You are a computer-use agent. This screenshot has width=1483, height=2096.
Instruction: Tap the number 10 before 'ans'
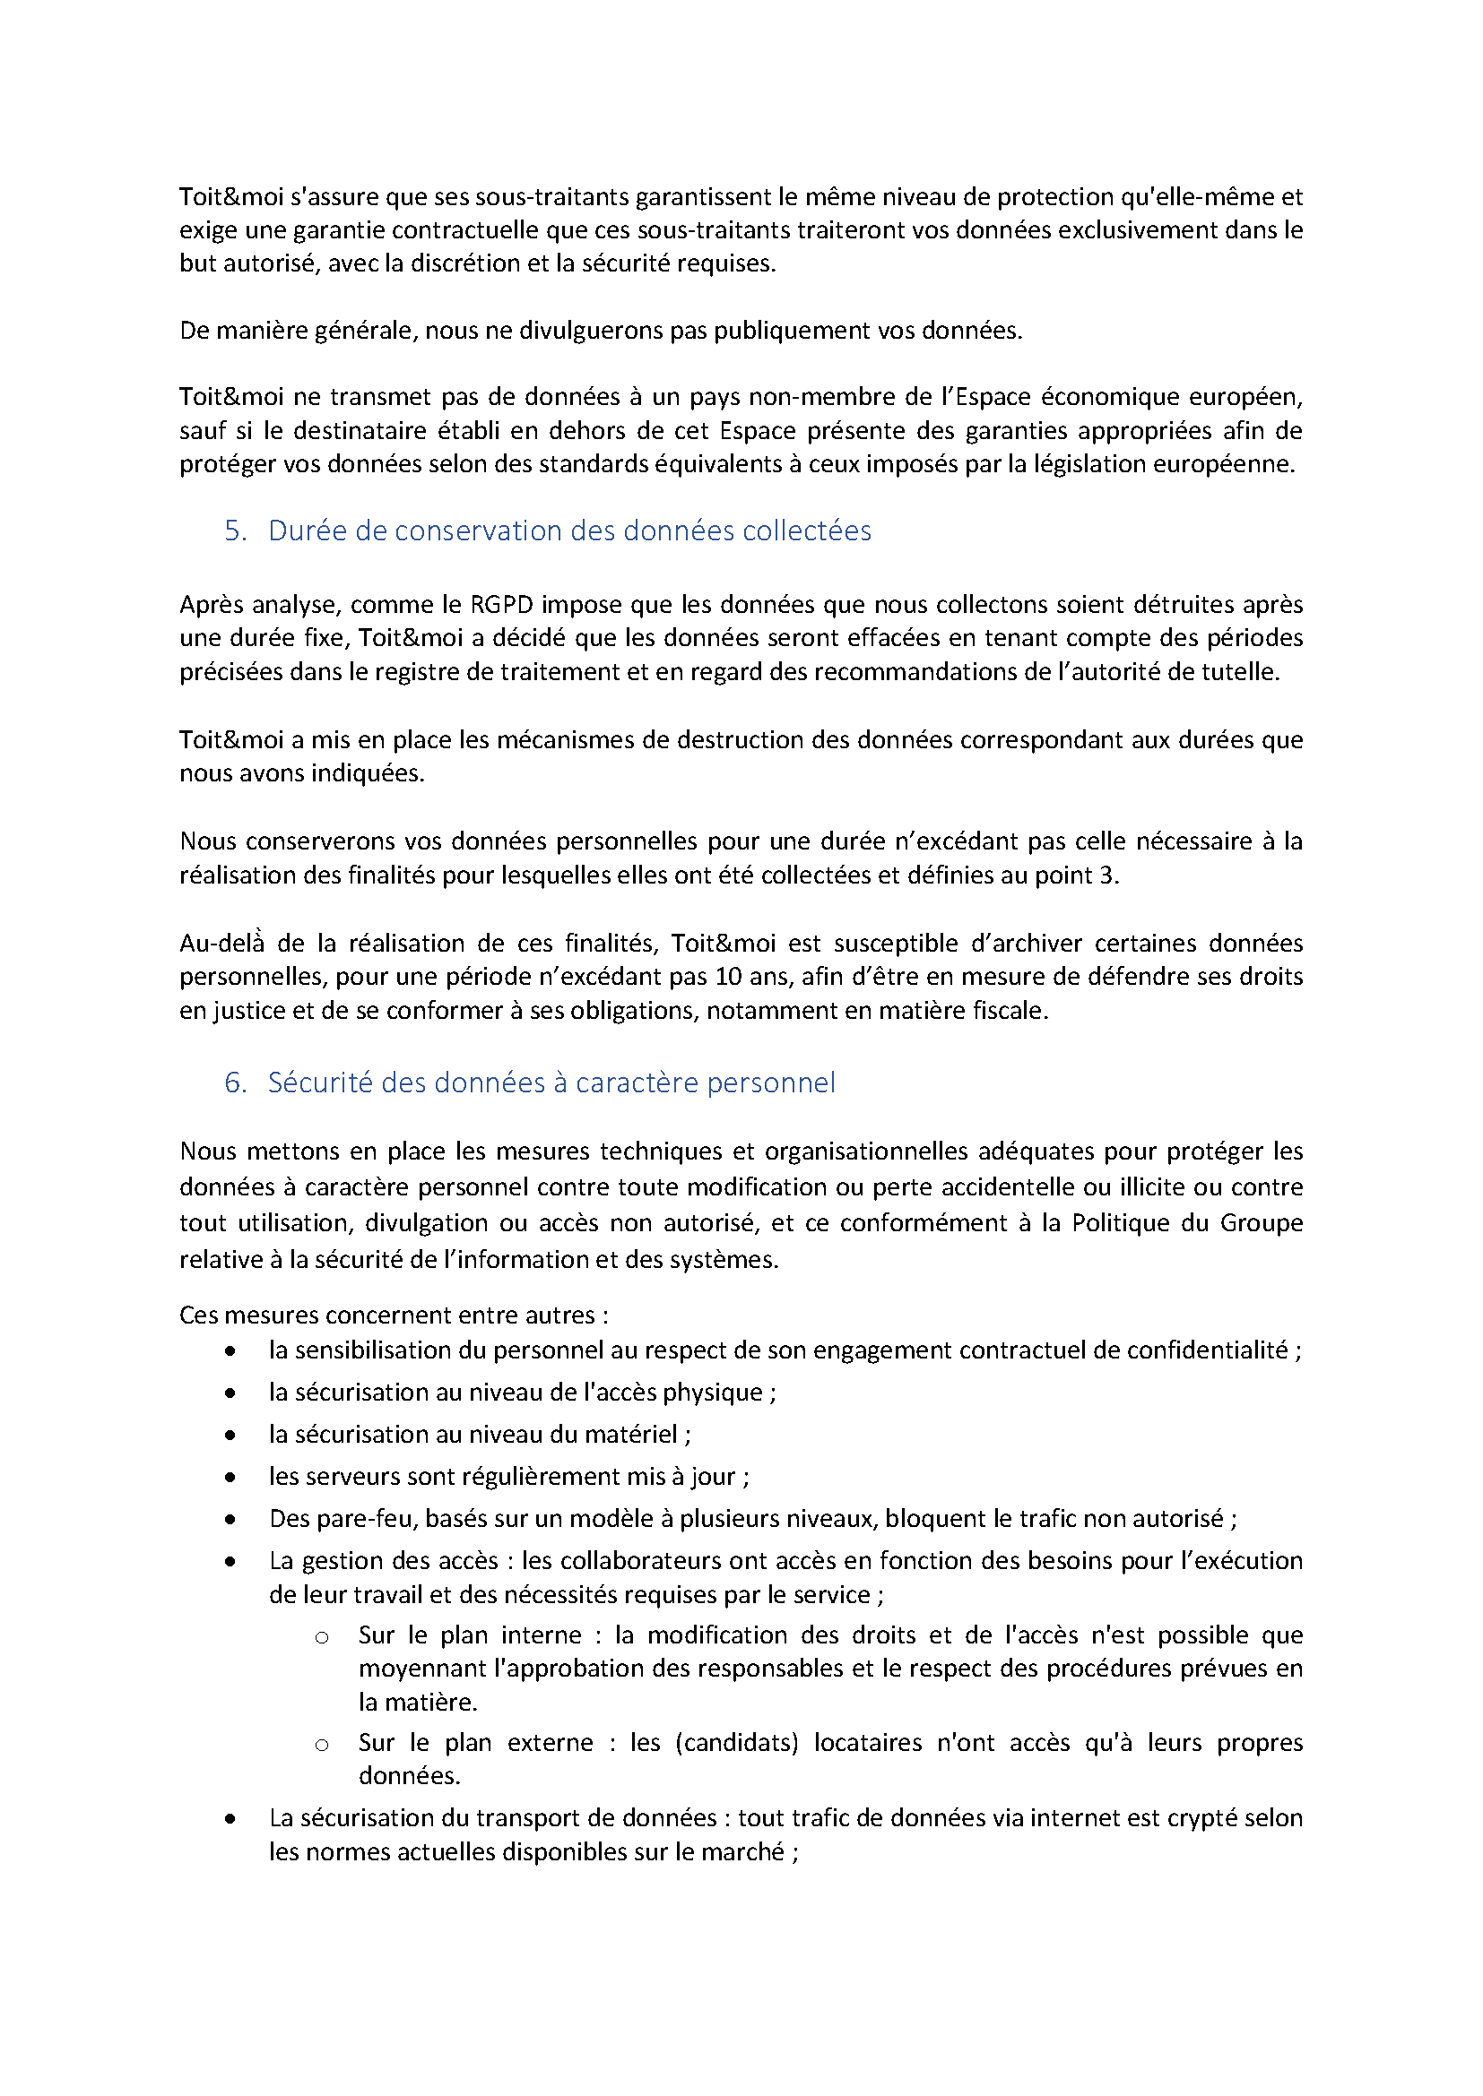728,977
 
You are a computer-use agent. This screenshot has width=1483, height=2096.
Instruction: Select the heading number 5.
235,530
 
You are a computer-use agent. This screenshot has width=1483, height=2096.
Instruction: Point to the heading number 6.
235,1083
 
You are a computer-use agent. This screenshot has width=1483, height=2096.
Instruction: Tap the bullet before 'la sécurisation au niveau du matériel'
230,1435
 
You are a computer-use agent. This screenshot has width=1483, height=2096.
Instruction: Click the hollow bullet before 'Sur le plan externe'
322,1746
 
